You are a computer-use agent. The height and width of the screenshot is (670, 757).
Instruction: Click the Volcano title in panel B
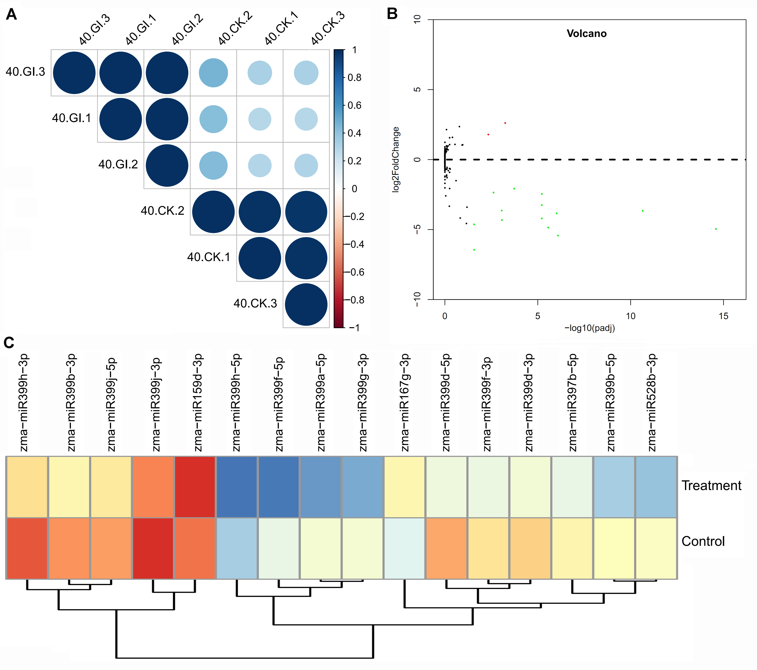(586, 34)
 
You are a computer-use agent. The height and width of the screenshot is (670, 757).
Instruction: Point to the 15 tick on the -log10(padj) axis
(723, 316)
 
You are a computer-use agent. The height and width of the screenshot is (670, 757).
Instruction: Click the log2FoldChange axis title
(396, 159)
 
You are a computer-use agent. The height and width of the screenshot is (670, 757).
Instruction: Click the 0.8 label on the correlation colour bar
(354, 78)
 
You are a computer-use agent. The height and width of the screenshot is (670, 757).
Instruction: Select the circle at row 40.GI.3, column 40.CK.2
(213, 73)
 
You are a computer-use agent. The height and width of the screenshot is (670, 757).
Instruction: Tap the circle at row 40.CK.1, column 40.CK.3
(306, 258)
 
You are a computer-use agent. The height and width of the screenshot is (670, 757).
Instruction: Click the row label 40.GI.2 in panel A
(118, 164)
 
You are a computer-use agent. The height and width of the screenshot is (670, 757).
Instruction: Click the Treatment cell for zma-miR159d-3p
(195, 487)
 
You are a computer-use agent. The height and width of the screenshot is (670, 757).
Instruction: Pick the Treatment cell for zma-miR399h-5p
(237, 487)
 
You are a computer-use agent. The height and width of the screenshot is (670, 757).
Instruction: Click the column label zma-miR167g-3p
(405, 403)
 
